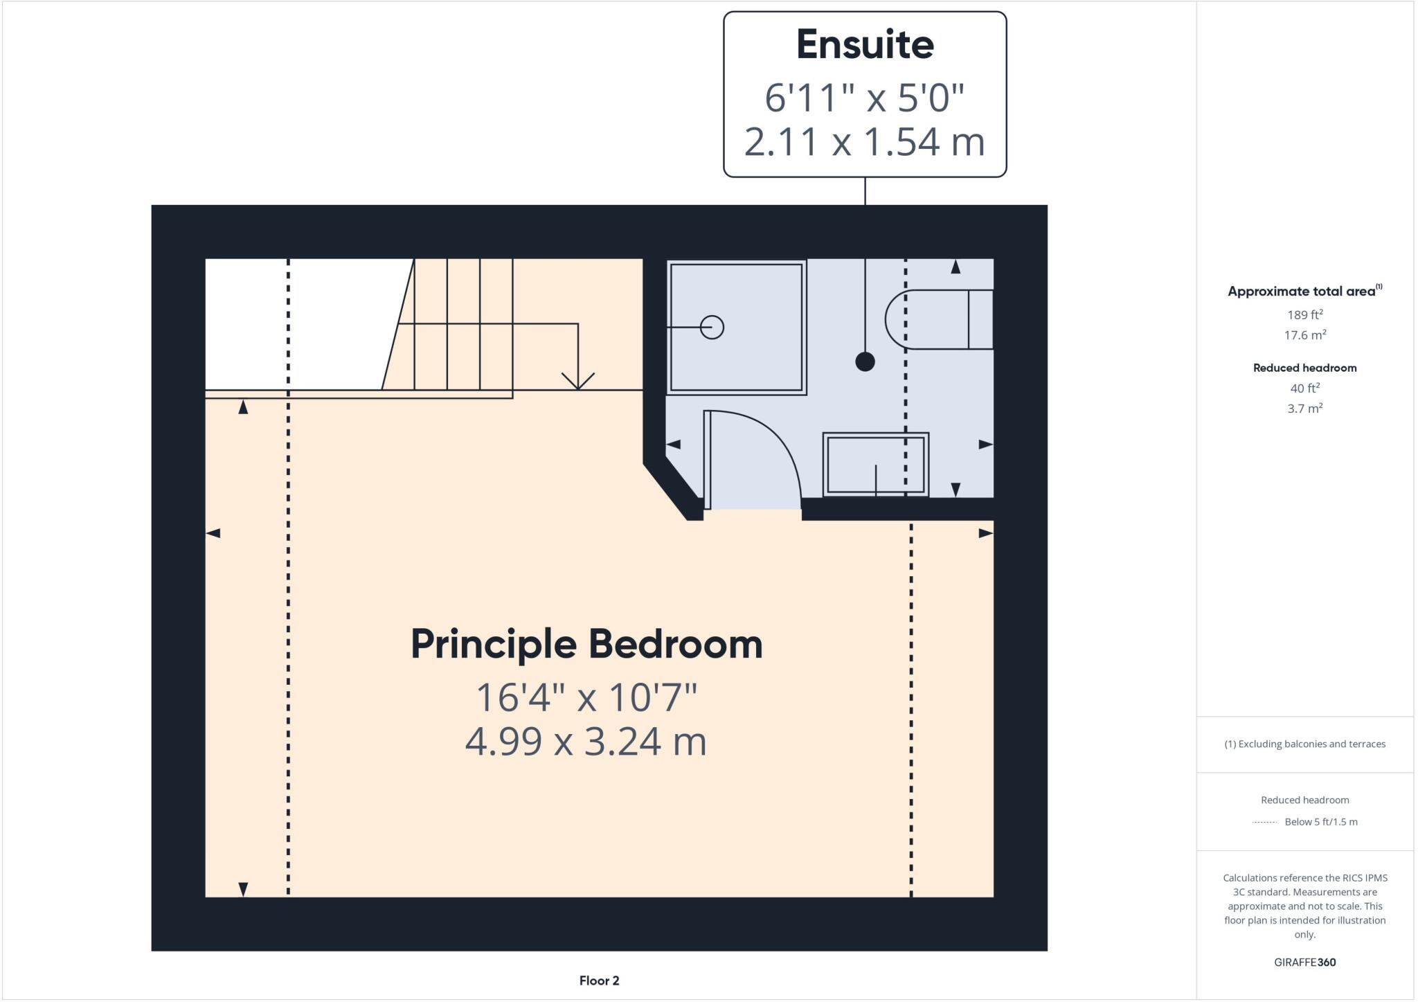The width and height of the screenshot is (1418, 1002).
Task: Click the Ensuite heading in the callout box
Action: click(865, 45)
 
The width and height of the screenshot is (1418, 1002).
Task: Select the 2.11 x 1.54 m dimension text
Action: click(865, 142)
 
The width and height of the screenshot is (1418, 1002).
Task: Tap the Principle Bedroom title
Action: click(586, 644)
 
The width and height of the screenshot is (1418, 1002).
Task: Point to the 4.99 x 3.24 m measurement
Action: click(586, 742)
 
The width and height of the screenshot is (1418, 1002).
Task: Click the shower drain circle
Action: click(712, 327)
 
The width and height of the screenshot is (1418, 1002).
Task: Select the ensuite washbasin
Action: click(875, 464)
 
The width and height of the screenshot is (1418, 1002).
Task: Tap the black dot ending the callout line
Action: click(865, 361)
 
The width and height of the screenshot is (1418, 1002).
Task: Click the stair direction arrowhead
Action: click(578, 382)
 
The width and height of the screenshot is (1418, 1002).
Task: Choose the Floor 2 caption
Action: click(599, 981)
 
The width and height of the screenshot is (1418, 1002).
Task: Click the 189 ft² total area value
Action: click(1304, 315)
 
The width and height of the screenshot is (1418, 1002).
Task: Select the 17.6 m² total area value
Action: click(1304, 335)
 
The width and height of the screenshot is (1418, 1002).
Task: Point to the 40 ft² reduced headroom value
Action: click(1304, 388)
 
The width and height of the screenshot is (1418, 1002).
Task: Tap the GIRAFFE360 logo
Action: click(1304, 962)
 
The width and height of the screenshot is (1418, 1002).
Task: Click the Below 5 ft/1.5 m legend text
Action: click(1320, 822)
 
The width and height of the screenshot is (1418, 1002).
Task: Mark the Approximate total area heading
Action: click(1302, 292)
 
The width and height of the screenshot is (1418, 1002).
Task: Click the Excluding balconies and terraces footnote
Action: click(1304, 744)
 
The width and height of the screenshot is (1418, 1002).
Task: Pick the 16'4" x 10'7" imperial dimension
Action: click(586, 697)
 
